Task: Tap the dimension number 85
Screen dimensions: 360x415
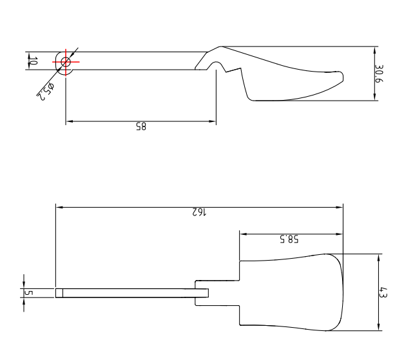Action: (x=140, y=127)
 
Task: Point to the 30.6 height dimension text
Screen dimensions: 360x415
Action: (x=380, y=73)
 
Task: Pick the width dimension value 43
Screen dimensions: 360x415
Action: (x=383, y=292)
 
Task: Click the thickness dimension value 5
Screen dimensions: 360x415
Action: (x=27, y=293)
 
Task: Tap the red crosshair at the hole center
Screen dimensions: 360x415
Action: (x=65, y=61)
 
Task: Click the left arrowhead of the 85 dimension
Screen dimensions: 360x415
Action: (x=68, y=121)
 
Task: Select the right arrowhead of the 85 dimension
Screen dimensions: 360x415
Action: (x=213, y=121)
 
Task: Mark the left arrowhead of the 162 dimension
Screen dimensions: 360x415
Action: (x=59, y=207)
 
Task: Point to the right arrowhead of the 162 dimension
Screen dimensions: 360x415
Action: (x=340, y=207)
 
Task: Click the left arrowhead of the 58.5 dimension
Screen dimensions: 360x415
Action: (x=243, y=234)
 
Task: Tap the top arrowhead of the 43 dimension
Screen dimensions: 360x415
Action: (x=378, y=257)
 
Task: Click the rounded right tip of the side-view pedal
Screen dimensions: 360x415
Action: (x=342, y=77)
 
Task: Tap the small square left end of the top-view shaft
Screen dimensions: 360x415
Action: (x=59, y=293)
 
